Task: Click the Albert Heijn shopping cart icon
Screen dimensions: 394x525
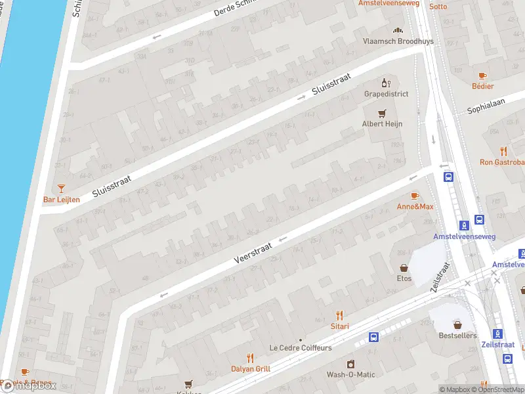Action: [386, 112]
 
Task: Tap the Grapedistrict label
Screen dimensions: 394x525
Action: [386, 94]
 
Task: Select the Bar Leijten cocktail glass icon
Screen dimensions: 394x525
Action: [62, 188]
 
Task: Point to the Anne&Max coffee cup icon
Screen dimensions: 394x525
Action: [414, 196]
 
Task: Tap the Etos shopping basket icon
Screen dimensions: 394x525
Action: [404, 267]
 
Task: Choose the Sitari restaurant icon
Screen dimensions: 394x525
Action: [339, 315]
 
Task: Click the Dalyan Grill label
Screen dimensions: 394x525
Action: [250, 369]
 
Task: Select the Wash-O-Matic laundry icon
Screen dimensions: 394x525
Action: [350, 364]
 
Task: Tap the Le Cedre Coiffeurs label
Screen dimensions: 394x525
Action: [301, 348]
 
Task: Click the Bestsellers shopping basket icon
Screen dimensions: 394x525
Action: [457, 324]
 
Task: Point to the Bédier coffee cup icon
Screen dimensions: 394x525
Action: [482, 76]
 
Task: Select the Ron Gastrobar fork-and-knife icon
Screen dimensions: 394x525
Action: [504, 151]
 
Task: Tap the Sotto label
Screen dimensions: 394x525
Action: [438, 7]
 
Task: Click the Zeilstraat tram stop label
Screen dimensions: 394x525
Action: [497, 344]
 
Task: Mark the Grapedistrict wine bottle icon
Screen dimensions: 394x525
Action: [386, 83]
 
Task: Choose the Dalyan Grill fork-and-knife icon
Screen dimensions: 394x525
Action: [250, 358]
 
